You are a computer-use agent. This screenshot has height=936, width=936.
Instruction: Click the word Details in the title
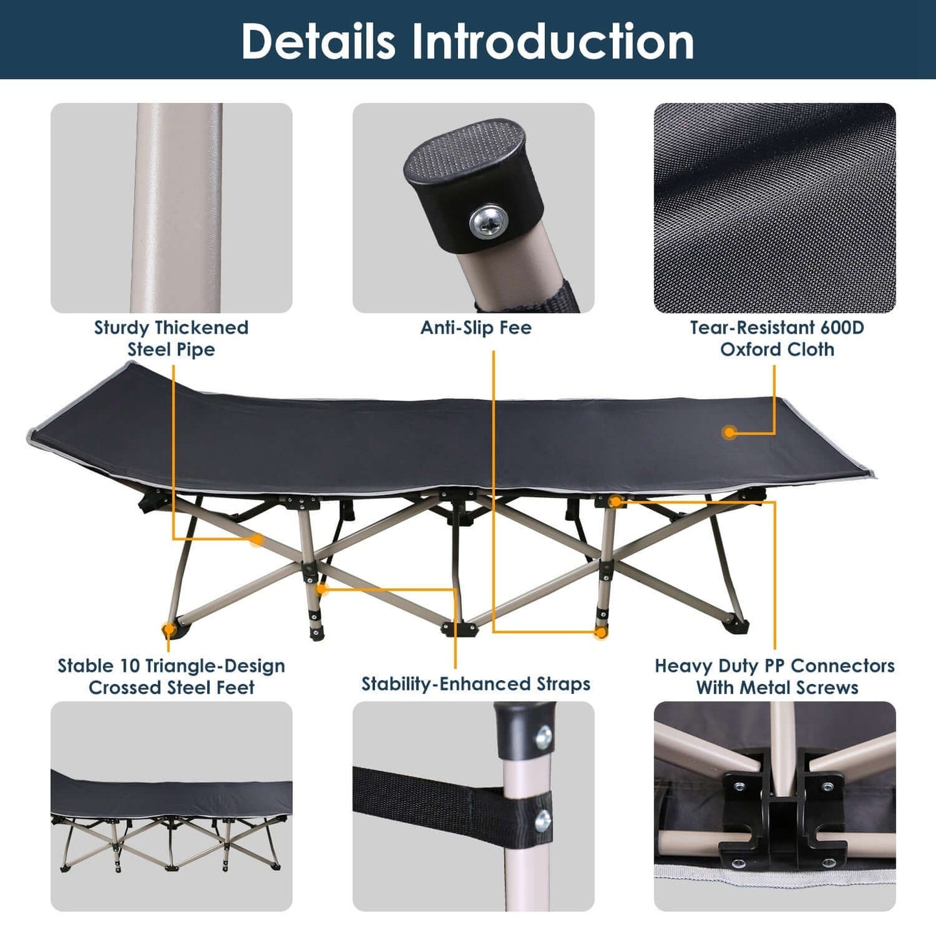[317, 41]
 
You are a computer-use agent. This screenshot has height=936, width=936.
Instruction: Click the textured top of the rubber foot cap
[467, 150]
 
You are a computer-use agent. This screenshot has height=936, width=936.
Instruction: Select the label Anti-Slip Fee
[475, 328]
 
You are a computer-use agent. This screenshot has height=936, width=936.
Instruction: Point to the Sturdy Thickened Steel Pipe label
[171, 338]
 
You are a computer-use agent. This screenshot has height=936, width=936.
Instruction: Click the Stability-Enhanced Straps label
[475, 684]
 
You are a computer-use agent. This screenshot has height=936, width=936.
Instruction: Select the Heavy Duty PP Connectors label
[775, 676]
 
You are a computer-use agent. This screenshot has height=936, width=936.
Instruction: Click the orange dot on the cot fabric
[730, 432]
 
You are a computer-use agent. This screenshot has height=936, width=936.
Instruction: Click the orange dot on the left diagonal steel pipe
[257, 539]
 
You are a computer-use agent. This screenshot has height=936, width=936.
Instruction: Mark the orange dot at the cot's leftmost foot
[168, 629]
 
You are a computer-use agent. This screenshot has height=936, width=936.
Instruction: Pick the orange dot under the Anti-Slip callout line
[601, 632]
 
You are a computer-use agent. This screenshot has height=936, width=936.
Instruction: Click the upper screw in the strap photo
[544, 736]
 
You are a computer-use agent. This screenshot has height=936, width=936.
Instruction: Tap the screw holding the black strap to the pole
[543, 821]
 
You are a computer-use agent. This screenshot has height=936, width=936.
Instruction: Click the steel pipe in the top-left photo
[175, 207]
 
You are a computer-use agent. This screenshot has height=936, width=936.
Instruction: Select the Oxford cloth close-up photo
[775, 207]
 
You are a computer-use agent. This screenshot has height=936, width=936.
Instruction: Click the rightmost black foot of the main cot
[738, 625]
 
